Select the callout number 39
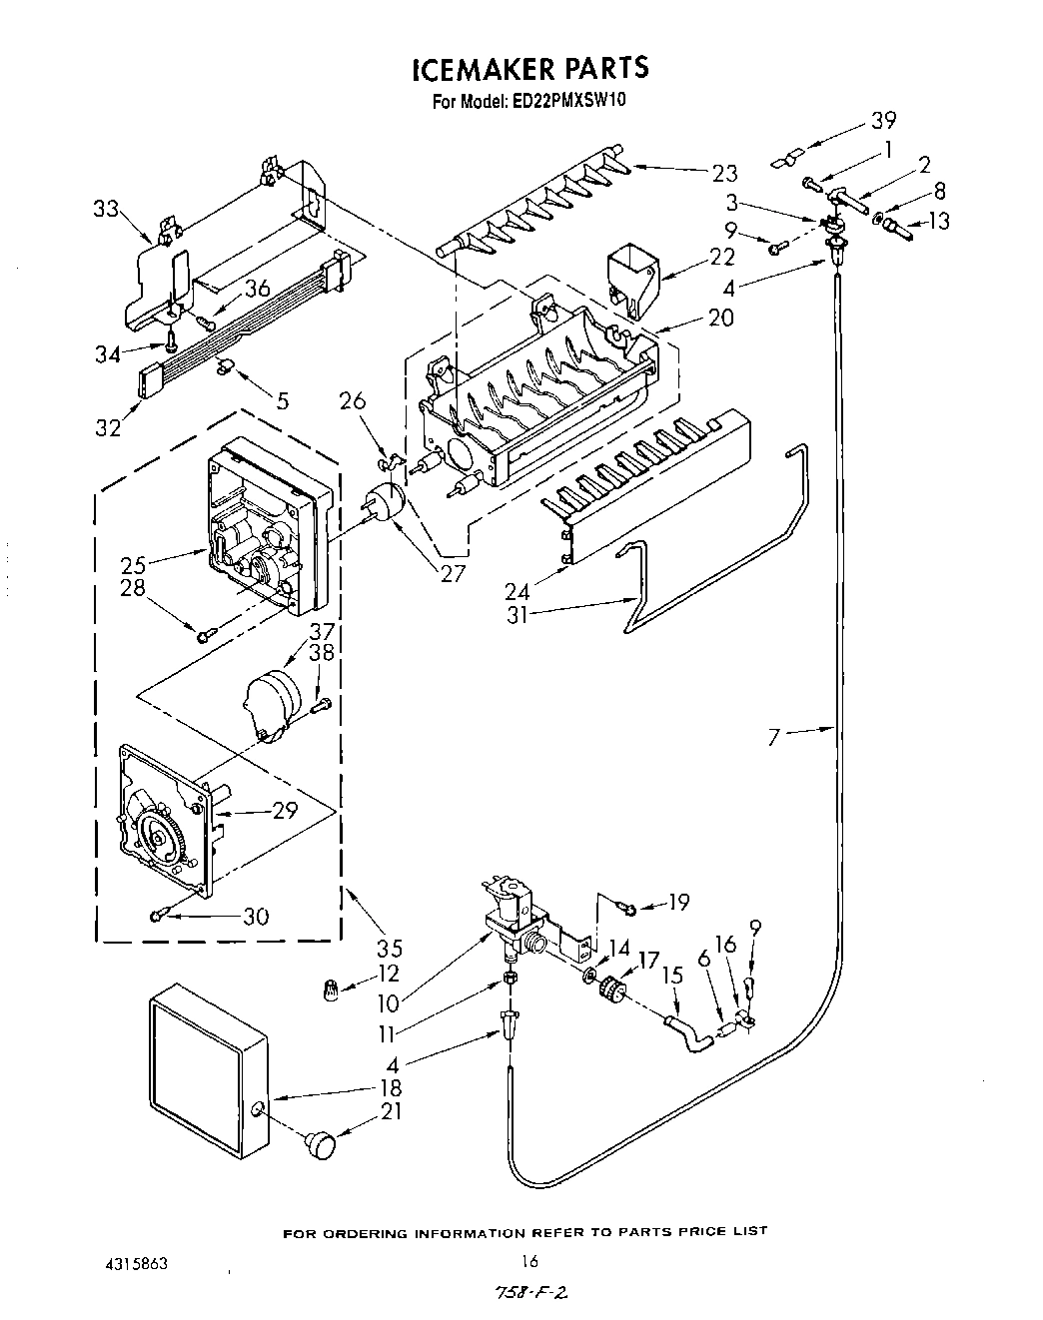tap(882, 120)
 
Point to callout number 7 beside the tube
tap(774, 738)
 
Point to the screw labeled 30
tap(161, 915)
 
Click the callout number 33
tap(105, 209)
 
